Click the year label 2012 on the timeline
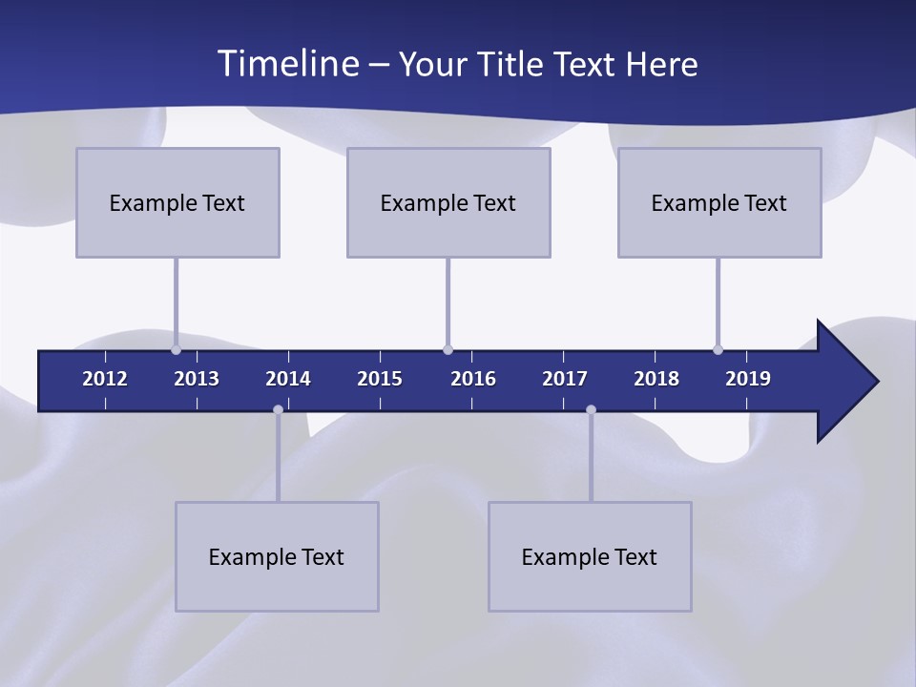pos(105,379)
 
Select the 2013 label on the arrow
pos(197,379)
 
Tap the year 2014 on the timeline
pos(288,379)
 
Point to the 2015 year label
pos(380,379)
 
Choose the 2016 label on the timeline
pos(473,379)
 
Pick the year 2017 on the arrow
pos(565,379)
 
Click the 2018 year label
pos(656,379)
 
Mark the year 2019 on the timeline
pos(748,379)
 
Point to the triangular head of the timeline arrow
pos(845,381)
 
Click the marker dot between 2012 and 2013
pos(176,349)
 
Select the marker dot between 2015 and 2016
pos(448,349)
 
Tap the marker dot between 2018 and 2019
pos(718,349)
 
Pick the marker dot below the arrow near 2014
pos(278,410)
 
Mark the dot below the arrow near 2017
pos(591,410)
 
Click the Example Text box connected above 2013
pos(177,202)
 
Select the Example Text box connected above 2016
pos(448,202)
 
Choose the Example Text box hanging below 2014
pos(277,556)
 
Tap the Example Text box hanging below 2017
pos(590,556)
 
